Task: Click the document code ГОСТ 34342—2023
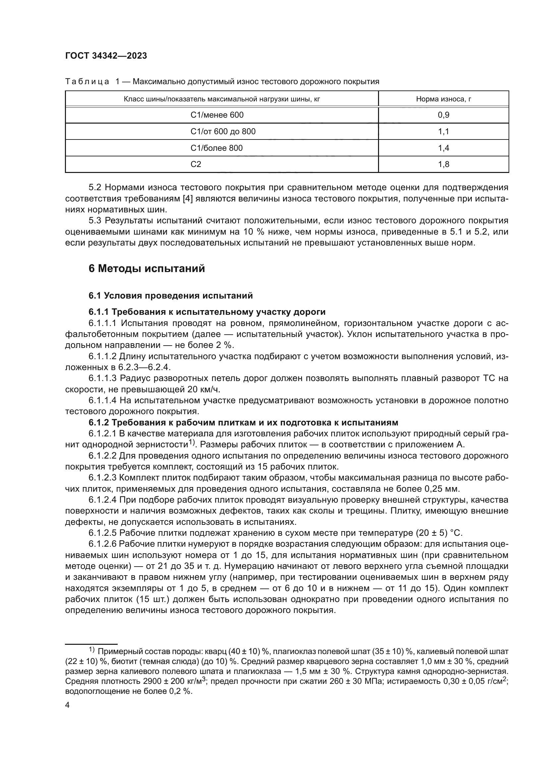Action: [x=106, y=56]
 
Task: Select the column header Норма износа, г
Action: [x=443, y=99]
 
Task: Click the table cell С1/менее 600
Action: [x=217, y=115]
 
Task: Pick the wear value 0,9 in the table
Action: [x=443, y=115]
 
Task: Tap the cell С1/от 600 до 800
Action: [x=223, y=132]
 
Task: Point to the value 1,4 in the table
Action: [x=443, y=148]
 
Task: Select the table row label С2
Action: [x=196, y=164]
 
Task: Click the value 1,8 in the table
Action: [x=443, y=164]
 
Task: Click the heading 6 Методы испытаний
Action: [x=147, y=269]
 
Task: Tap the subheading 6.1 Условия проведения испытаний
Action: [x=171, y=296]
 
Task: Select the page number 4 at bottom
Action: [x=68, y=705]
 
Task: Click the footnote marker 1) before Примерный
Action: [x=92, y=650]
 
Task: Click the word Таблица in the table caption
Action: [x=87, y=82]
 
